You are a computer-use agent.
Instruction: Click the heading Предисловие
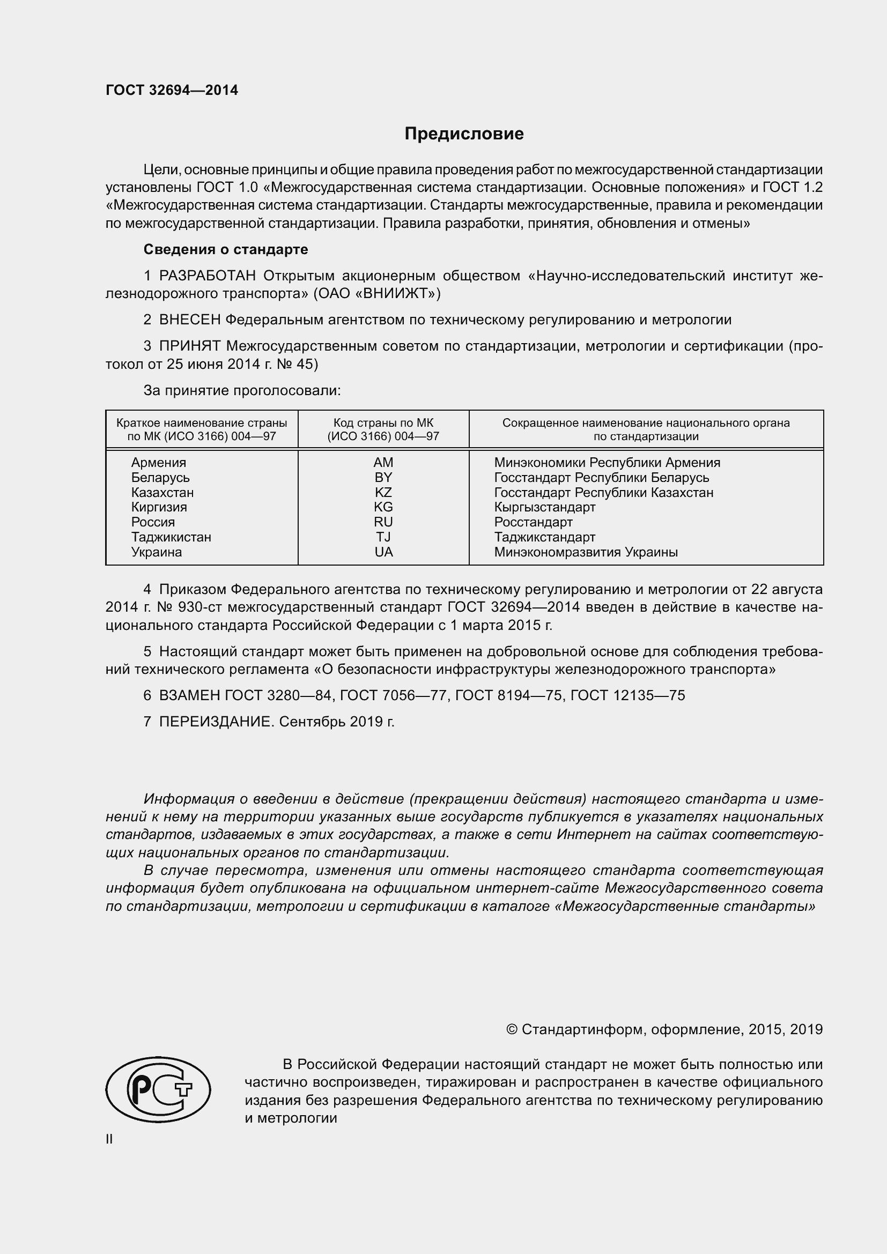point(464,134)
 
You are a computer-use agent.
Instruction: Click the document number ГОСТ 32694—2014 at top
point(172,91)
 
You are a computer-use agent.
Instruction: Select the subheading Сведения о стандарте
point(226,250)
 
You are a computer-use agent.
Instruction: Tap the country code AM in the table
point(383,463)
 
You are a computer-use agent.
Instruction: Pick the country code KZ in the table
point(383,493)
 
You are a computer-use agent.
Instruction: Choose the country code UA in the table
point(383,552)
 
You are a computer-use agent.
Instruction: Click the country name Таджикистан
point(171,537)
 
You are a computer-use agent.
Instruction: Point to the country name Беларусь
point(160,478)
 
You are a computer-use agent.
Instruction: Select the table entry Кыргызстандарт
point(544,507)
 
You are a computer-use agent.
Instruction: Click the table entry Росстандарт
point(533,522)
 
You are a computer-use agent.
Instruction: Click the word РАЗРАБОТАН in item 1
point(207,276)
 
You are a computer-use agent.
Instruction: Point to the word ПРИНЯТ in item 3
point(189,346)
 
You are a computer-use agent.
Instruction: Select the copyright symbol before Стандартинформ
point(512,1029)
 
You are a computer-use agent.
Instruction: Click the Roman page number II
point(109,1139)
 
